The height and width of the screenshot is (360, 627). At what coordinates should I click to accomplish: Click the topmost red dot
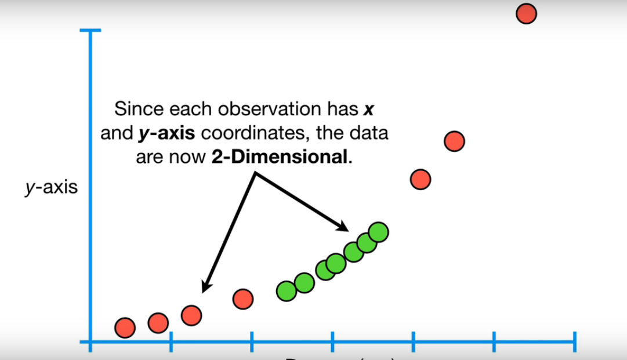tap(526, 13)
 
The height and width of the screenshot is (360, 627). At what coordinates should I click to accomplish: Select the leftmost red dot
tap(125, 328)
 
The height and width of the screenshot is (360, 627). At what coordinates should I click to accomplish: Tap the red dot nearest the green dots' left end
tap(243, 299)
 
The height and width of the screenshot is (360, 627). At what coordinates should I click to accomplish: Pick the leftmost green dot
tap(286, 290)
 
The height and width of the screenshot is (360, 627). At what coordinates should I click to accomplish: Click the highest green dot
tap(378, 232)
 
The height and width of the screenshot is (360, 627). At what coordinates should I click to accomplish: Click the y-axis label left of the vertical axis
tap(52, 188)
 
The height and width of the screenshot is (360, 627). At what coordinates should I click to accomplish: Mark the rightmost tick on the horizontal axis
tap(575, 341)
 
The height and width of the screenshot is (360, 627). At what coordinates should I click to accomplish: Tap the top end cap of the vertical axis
tap(90, 30)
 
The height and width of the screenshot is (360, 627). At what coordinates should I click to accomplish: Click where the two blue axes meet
tap(90, 341)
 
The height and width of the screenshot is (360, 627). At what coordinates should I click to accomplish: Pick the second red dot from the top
tap(454, 141)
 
